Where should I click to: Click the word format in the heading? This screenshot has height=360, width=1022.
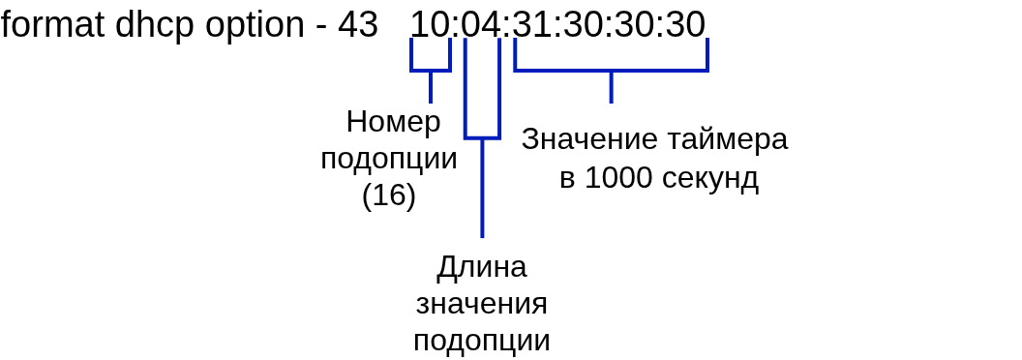pos(52,25)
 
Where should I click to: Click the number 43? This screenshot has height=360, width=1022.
pos(358,25)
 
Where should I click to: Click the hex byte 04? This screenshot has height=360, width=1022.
pos(481,25)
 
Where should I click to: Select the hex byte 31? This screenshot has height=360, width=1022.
pos(532,25)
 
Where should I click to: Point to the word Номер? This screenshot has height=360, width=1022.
pos(394,122)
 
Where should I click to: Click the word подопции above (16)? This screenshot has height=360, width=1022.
pos(389,160)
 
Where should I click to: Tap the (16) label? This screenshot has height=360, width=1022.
pos(389,195)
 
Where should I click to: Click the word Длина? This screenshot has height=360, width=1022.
pos(482,268)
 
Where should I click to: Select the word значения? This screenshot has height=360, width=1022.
pos(482,305)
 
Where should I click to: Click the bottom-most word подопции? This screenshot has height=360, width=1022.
pos(482,341)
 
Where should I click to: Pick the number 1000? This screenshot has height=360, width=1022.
pos(619,177)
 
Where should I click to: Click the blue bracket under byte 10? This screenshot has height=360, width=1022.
pos(431,70)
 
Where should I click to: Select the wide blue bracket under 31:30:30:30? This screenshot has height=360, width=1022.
pos(612,70)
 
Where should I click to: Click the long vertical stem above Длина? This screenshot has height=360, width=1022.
pos(482,188)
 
